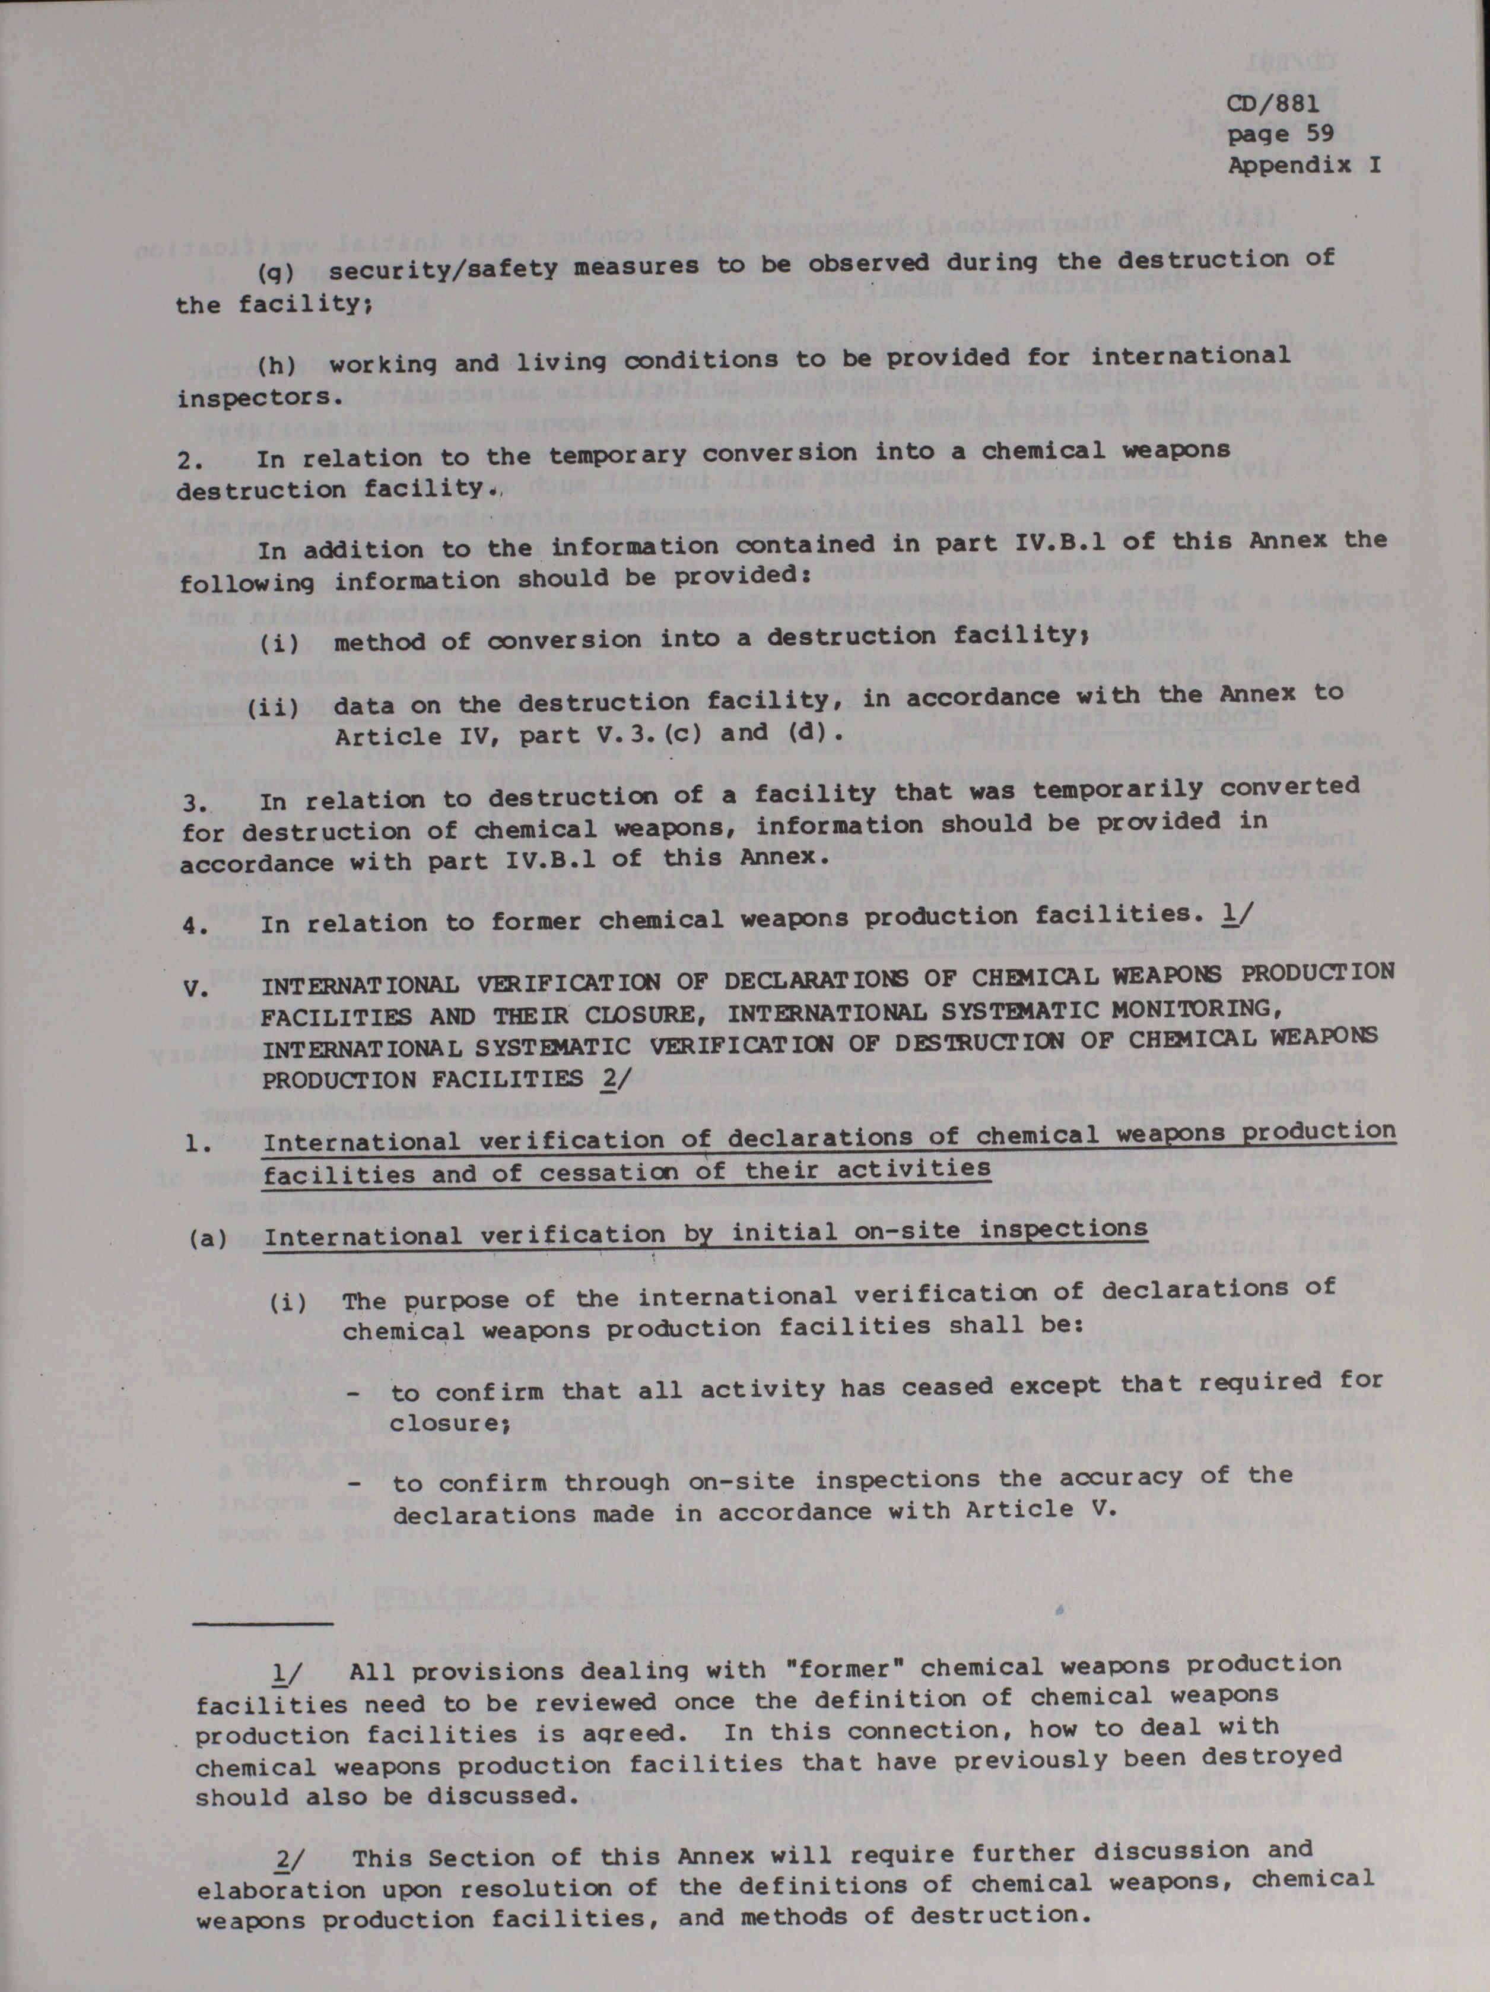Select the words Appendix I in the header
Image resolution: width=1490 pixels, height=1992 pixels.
[x=1304, y=166]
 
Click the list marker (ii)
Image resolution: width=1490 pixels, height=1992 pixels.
[x=273, y=706]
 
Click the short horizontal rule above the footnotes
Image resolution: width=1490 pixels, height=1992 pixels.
[x=263, y=1623]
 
